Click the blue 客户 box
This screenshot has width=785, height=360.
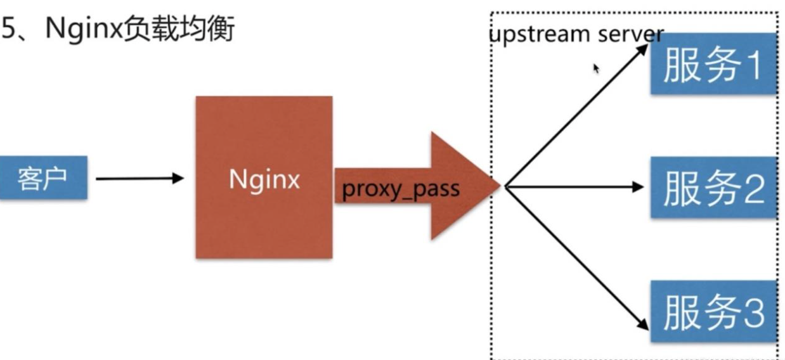click(43, 179)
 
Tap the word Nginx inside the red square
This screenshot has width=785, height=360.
click(264, 180)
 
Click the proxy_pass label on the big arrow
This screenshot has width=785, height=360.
click(400, 190)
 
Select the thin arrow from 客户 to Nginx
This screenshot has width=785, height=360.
click(139, 179)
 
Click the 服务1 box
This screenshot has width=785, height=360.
click(713, 65)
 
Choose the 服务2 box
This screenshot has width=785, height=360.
click(713, 188)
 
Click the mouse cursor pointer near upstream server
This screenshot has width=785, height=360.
click(596, 68)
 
